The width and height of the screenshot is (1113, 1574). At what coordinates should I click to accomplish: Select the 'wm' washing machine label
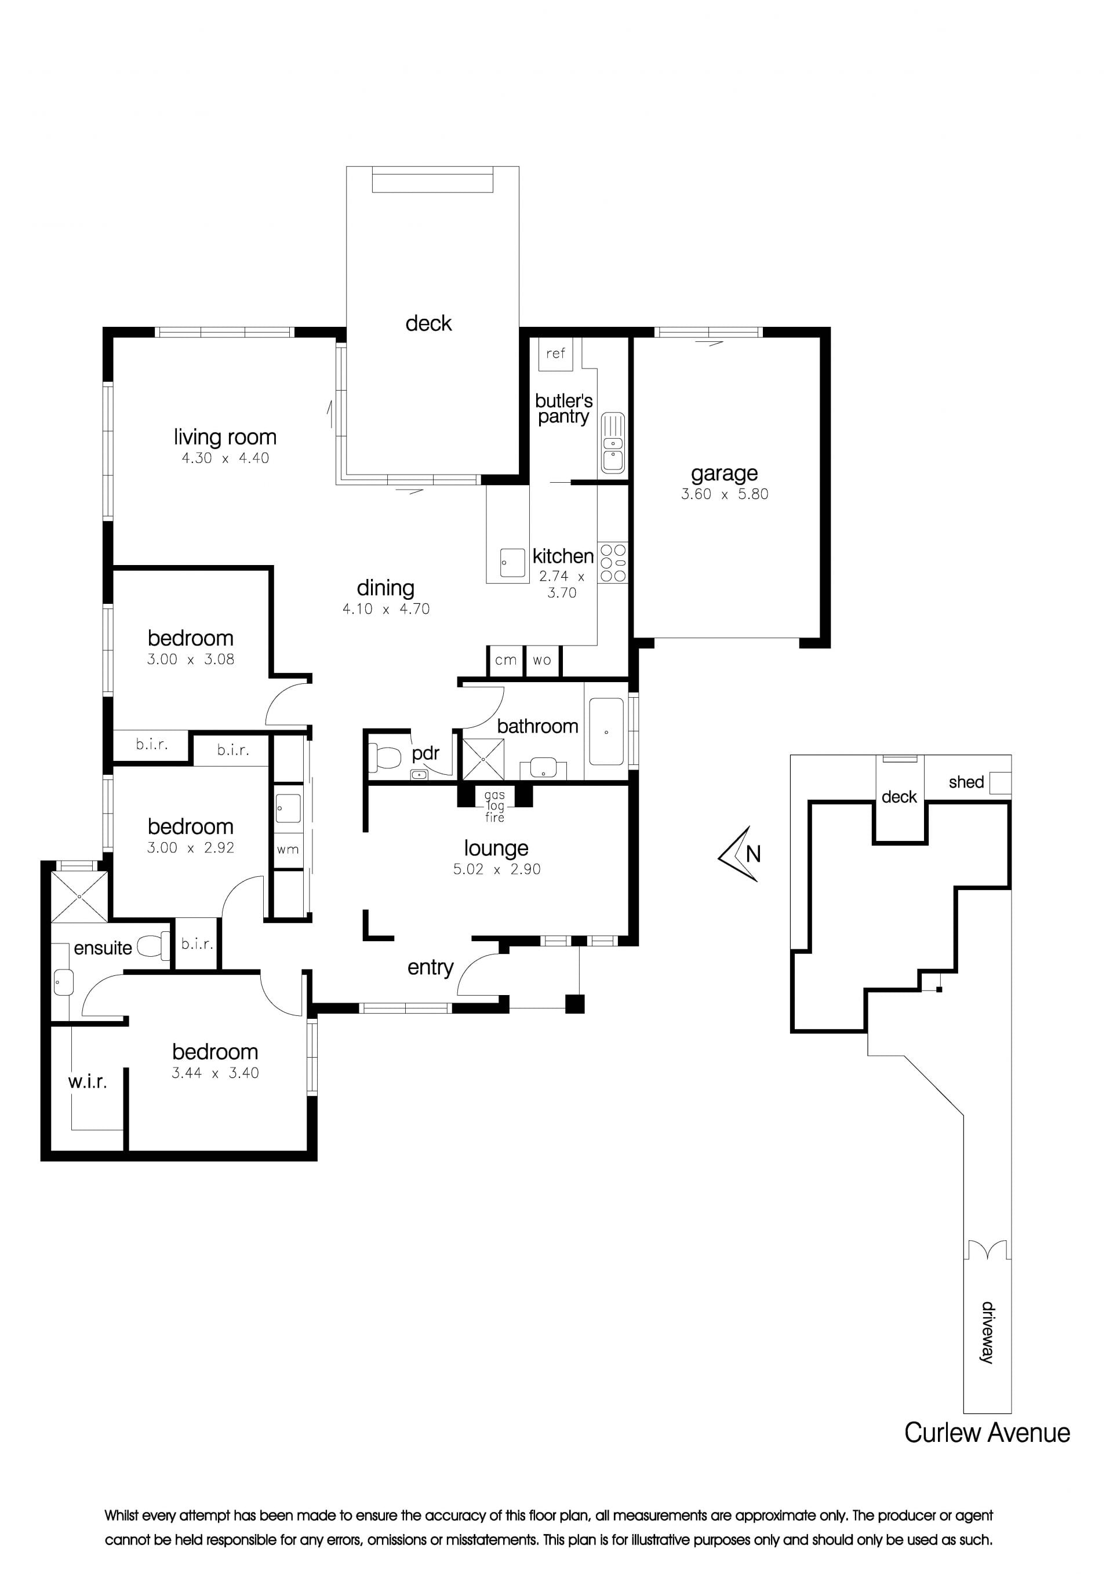tap(288, 850)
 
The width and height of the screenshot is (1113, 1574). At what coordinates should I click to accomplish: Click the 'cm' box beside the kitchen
tap(506, 661)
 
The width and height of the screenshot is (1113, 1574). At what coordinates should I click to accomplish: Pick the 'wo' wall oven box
tap(542, 661)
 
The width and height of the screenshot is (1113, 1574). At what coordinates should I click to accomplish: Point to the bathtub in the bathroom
tap(607, 732)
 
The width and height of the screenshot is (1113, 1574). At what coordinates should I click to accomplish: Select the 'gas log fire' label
tap(494, 806)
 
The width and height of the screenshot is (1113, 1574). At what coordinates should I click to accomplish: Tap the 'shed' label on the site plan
tap(966, 782)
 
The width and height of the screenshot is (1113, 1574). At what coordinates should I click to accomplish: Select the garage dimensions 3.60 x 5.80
tap(724, 494)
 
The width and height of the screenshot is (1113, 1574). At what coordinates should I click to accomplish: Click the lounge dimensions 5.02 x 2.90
tap(496, 869)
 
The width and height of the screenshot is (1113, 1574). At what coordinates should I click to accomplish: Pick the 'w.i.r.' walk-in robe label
tap(87, 1082)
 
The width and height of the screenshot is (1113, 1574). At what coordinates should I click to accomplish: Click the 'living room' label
tap(225, 438)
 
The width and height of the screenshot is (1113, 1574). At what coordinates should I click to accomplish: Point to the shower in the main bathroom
tap(483, 759)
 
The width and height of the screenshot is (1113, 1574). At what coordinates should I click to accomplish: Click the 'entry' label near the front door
tap(430, 967)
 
